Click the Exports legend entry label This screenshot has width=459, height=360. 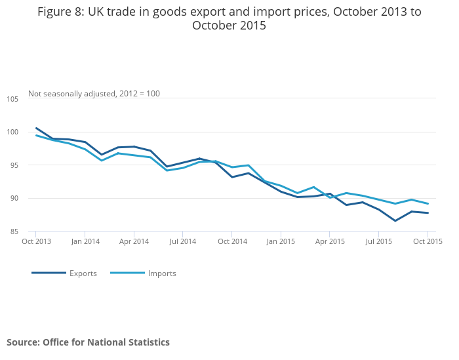(83, 273)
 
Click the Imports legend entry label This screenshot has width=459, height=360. (161, 273)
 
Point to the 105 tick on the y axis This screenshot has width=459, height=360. (13, 99)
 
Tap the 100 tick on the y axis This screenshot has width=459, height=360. (13, 132)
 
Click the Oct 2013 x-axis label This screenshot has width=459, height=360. (36, 241)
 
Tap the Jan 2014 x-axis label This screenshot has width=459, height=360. (85, 241)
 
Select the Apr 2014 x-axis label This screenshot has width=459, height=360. (134, 241)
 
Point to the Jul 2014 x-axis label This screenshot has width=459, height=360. (183, 241)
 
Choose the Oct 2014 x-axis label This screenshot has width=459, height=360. (232, 241)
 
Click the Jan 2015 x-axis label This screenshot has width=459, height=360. (281, 241)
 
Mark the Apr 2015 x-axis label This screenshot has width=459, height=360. (330, 241)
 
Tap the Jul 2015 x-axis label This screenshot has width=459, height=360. (378, 241)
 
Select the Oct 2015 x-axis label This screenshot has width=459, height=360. (428, 241)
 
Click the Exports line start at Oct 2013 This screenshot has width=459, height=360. (36, 128)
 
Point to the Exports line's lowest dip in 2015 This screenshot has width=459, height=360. (395, 220)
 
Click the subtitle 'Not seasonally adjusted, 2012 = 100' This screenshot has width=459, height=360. (94, 94)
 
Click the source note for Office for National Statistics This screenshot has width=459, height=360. (88, 342)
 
